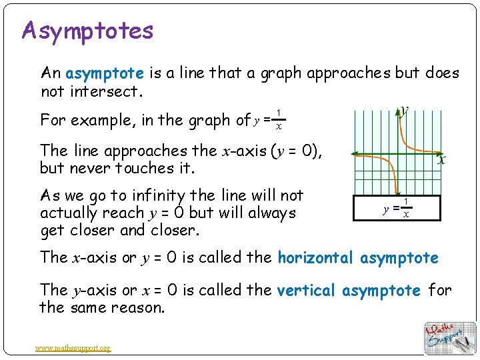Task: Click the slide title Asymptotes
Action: pyautogui.click(x=87, y=31)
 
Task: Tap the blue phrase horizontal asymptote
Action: pyautogui.click(x=358, y=257)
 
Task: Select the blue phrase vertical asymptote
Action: pyautogui.click(x=348, y=291)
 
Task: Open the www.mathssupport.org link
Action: pyautogui.click(x=74, y=347)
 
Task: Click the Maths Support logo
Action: pyautogui.click(x=451, y=337)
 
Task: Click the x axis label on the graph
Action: pyautogui.click(x=441, y=160)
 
